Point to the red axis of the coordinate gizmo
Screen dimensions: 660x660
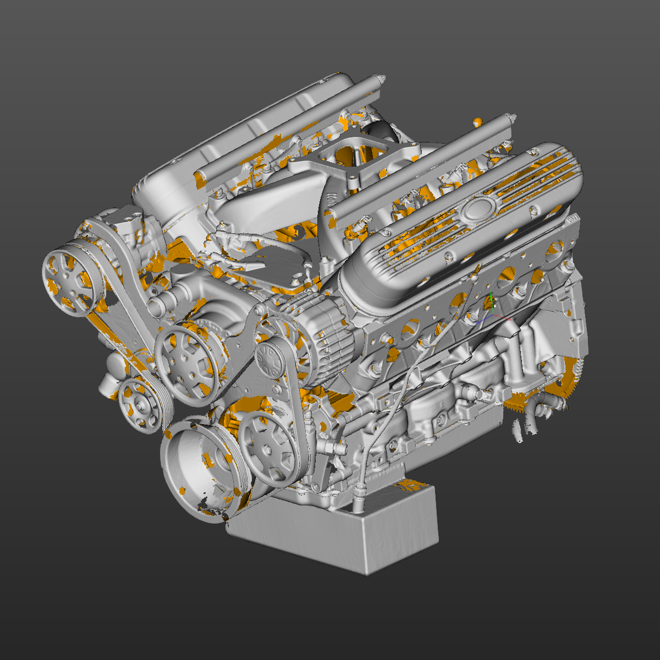coord(504,318)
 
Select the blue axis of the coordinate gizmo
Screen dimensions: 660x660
coord(484,320)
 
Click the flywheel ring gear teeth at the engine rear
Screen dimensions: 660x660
coord(572,380)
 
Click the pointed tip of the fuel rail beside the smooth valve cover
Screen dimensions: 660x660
coord(379,76)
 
